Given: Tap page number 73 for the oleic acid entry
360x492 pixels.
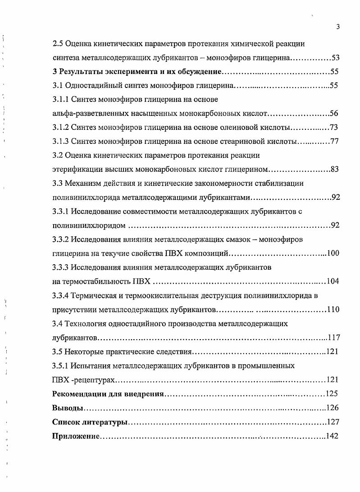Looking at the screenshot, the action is [x=334, y=127].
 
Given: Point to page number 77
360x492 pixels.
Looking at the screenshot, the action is [x=334, y=142].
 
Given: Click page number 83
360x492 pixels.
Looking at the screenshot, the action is [x=334, y=170].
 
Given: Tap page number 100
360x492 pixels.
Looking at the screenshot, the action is [x=333, y=253].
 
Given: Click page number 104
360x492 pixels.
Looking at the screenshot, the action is [x=333, y=281].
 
